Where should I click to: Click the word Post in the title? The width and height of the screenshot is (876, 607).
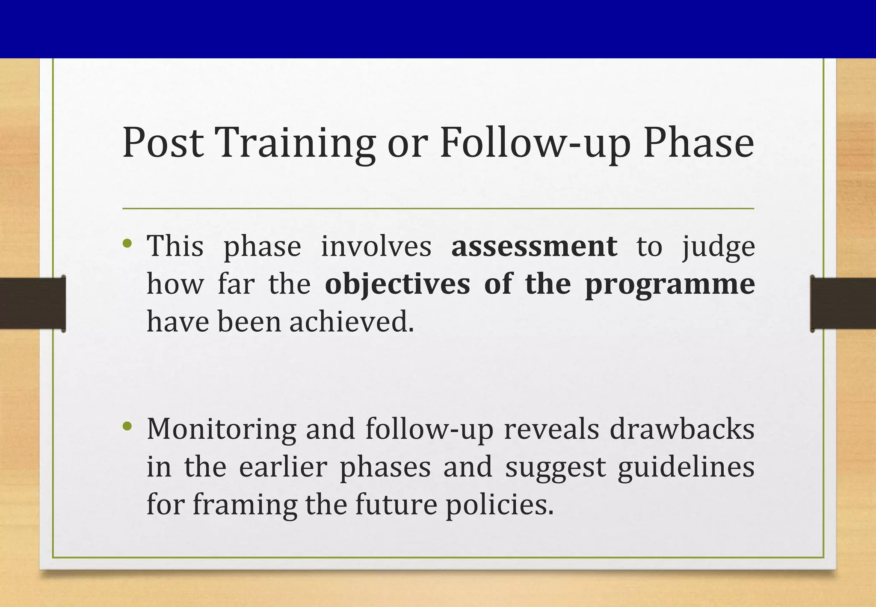pyautogui.click(x=163, y=143)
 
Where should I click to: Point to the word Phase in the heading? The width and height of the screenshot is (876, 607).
pyautogui.click(x=698, y=143)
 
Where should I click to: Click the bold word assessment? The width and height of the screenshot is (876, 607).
pyautogui.click(x=534, y=247)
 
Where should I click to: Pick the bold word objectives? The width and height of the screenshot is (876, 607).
pyautogui.click(x=397, y=284)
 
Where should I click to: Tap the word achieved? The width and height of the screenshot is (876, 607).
pyautogui.click(x=352, y=321)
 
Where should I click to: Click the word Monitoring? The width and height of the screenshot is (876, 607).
pyautogui.click(x=221, y=430)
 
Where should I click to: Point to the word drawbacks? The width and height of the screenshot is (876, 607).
pyautogui.click(x=682, y=429)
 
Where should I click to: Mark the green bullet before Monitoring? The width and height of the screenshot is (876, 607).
pyautogui.click(x=127, y=426)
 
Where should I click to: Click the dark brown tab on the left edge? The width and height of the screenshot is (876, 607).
pyautogui.click(x=33, y=303)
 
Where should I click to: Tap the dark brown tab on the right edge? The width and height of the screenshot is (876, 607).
pyautogui.click(x=843, y=303)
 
